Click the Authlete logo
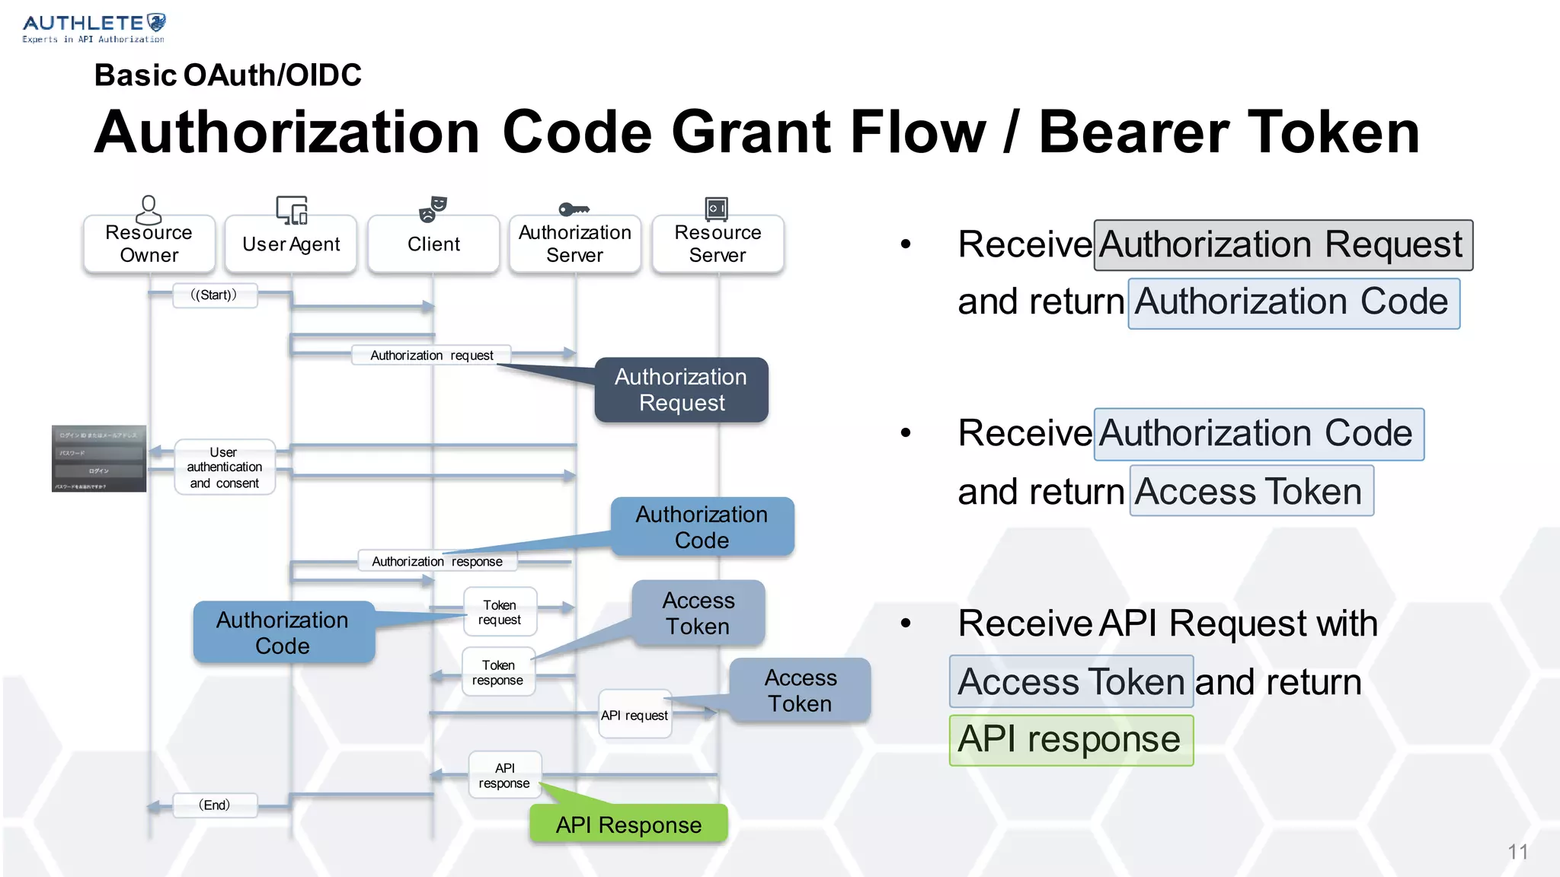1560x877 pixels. pos(94,27)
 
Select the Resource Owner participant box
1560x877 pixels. pos(149,244)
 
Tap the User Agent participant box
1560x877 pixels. pos(291,244)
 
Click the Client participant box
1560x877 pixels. pos(433,244)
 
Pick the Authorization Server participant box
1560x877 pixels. pos(575,244)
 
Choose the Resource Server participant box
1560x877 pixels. pos(718,244)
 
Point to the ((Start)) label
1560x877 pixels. pos(214,295)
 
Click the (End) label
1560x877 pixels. pos(214,805)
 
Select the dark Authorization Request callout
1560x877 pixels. pos(682,390)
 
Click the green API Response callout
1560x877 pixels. pos(628,824)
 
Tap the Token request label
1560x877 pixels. pos(500,612)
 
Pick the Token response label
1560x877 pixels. pos(498,672)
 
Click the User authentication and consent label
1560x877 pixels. pos(225,467)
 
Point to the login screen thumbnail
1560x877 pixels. pos(99,458)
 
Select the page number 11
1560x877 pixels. pos(1517,852)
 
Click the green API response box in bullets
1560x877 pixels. pos(1070,740)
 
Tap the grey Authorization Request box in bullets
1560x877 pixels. pos(1283,245)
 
